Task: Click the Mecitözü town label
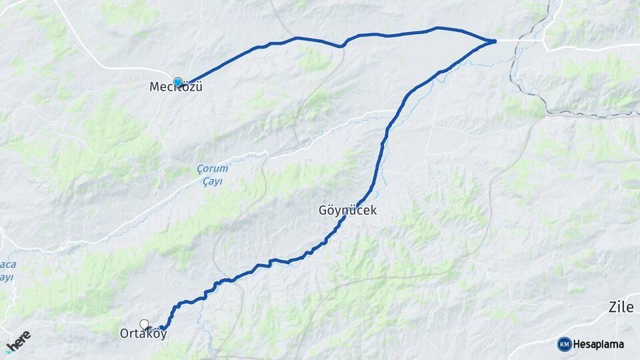(x=176, y=87)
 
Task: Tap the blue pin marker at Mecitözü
(x=178, y=82)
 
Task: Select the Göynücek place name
(x=348, y=210)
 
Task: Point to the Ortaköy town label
(x=143, y=334)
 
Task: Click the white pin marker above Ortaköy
(x=144, y=324)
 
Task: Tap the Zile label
(x=622, y=307)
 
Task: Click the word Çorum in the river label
(x=211, y=169)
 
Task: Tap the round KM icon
(x=565, y=344)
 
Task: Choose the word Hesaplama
(x=599, y=344)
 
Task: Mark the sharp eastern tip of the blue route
(x=495, y=41)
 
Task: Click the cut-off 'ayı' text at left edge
(x=6, y=277)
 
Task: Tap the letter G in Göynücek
(x=323, y=210)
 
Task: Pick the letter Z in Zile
(x=612, y=307)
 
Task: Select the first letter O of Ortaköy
(x=125, y=334)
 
